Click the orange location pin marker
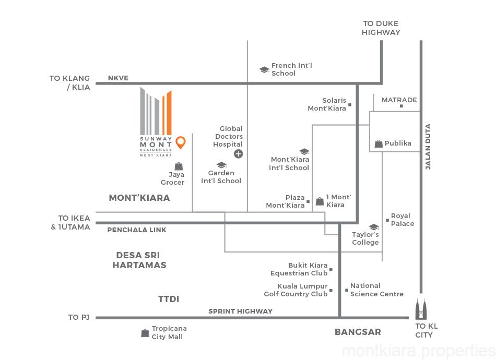coord(181,142)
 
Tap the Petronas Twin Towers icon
coord(421,310)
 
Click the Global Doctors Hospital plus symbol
coord(238,153)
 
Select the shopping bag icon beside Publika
coord(379,143)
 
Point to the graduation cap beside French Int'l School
coord(264,69)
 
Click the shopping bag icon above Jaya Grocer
coord(179,166)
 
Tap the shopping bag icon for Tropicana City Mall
coord(145,333)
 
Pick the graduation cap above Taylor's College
coord(374,227)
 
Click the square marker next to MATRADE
coord(401,106)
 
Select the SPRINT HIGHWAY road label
coord(240,311)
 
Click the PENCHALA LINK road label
coord(133,230)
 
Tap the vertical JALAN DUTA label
coord(428,146)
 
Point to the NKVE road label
coord(118,78)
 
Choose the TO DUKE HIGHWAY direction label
coord(381,28)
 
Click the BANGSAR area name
coord(358,332)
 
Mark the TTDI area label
coord(169,299)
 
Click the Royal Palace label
coord(403,220)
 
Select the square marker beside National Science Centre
coord(347,290)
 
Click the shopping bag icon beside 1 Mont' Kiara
coord(319,201)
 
